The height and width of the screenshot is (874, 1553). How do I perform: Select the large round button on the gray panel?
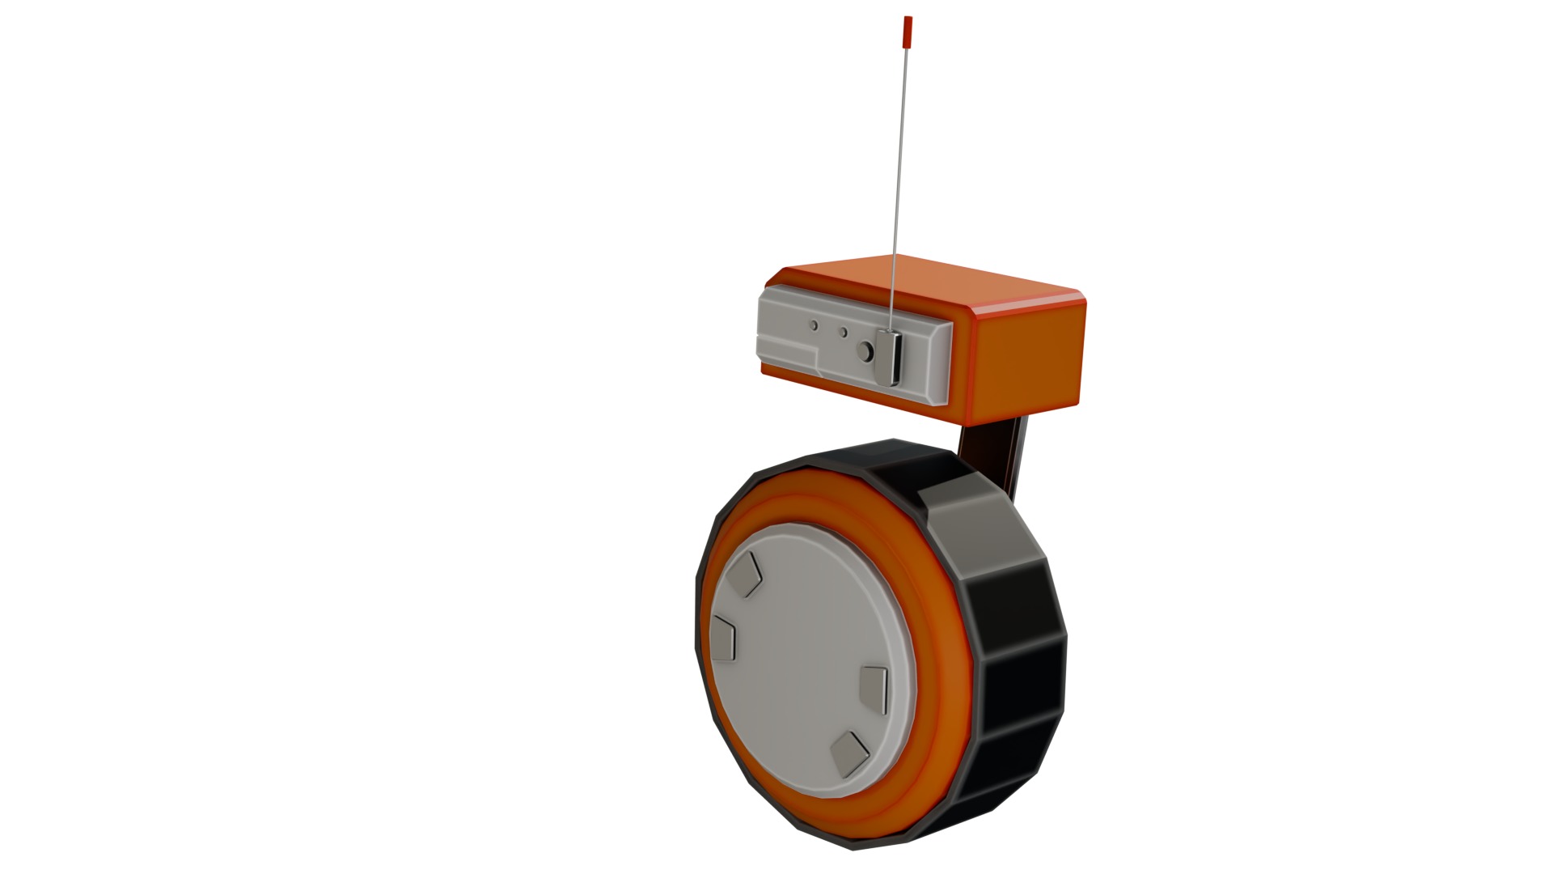click(x=865, y=352)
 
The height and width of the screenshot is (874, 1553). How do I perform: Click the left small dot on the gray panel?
click(x=815, y=325)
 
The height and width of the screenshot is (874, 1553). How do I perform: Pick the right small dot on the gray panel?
click(x=844, y=332)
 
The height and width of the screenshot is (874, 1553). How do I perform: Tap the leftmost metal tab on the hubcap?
click(x=723, y=636)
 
